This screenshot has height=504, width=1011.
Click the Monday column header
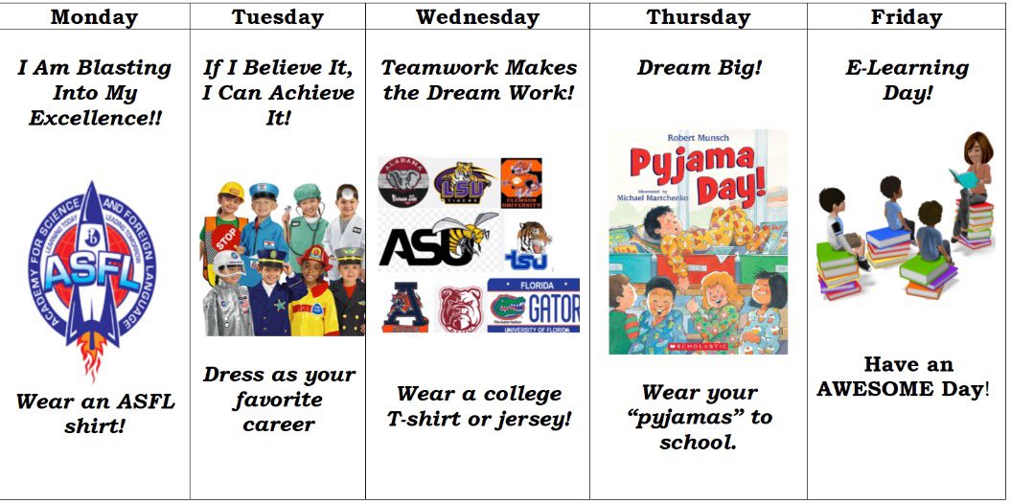coord(94,16)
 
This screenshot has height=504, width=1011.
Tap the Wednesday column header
coord(477,16)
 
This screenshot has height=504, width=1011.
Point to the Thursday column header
coord(698,16)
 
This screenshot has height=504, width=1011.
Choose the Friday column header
coord(907,16)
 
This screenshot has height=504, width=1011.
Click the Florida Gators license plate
coord(533,306)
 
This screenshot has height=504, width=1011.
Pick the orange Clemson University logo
coord(521,183)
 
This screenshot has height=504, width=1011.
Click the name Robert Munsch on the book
coord(697,138)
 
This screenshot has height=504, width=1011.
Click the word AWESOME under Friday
coord(900,389)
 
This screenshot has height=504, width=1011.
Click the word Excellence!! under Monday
coord(94,118)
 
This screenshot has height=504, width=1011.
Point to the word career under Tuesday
coord(278,424)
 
